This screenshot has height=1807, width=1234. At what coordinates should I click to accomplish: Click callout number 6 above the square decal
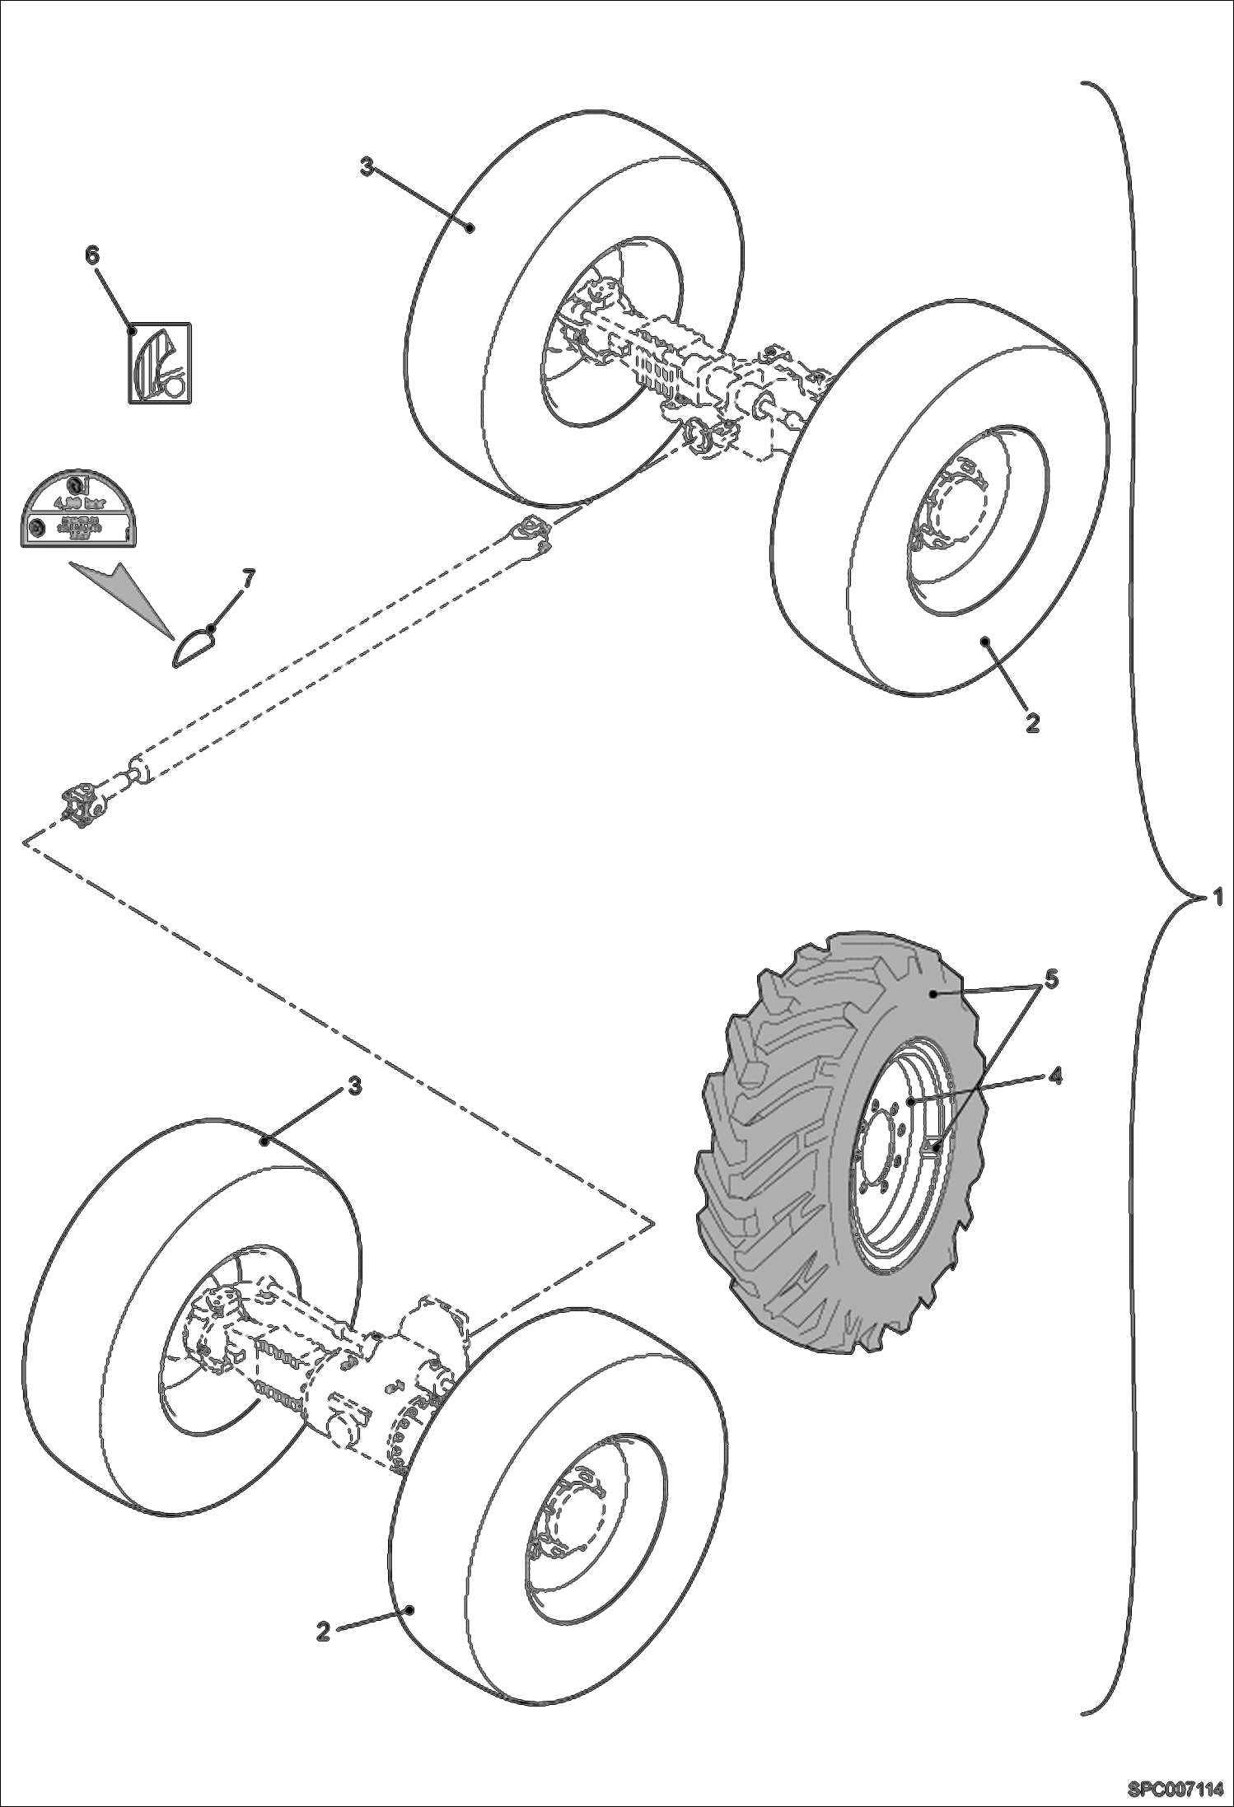point(92,256)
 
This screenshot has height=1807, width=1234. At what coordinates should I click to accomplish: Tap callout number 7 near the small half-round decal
point(246,577)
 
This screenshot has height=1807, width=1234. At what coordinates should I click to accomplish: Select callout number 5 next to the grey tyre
point(1052,979)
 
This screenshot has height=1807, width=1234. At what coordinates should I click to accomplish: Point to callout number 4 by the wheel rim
point(1054,1076)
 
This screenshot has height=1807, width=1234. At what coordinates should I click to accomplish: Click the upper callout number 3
point(367,167)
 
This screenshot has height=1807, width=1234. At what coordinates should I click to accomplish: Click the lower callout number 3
point(353,1086)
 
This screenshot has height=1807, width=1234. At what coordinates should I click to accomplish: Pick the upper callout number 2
point(1032,722)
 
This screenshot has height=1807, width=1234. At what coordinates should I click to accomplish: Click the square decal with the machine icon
point(159,363)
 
